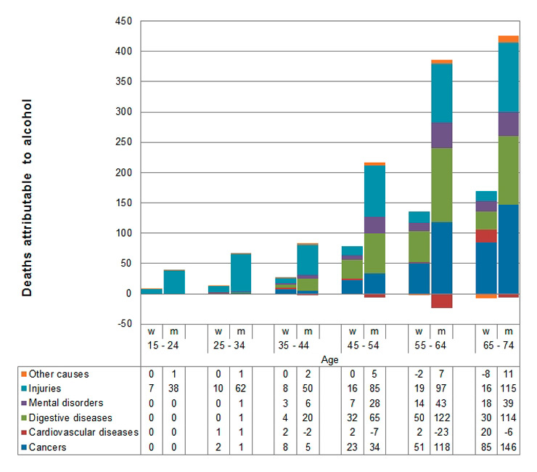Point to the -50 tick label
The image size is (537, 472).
click(123, 323)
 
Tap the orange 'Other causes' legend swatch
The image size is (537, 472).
click(24, 375)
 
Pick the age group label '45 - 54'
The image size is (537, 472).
click(364, 346)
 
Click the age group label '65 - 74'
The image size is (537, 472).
click(497, 346)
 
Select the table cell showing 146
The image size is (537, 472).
click(508, 447)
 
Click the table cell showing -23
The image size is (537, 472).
click(441, 433)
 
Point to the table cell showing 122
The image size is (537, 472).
click(441, 418)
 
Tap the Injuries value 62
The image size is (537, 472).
click(241, 389)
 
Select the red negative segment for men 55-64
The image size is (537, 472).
click(441, 300)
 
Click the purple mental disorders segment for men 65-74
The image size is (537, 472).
click(508, 124)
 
